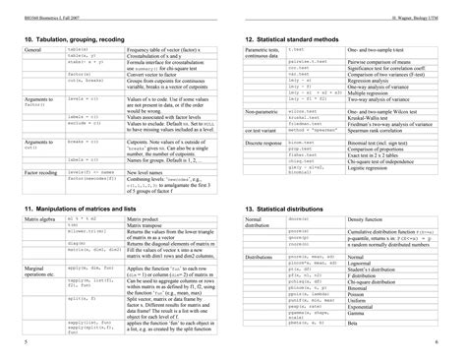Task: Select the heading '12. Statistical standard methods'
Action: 298,38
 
